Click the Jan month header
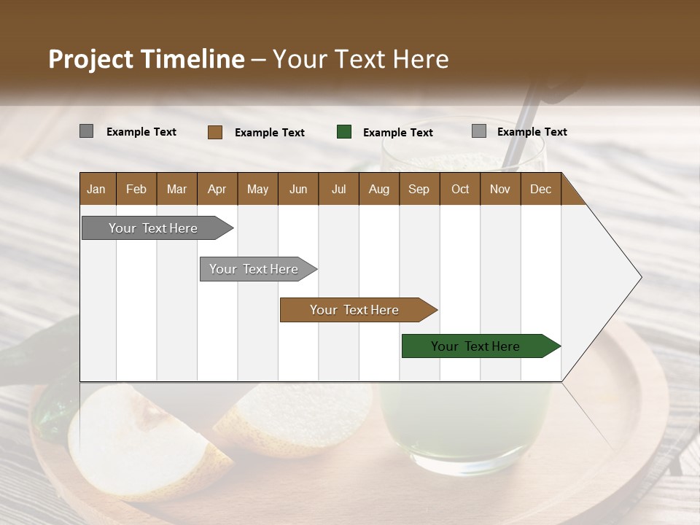click(x=96, y=190)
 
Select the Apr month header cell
click(x=217, y=190)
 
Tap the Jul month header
click(x=338, y=190)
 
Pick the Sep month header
click(x=419, y=190)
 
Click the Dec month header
click(x=540, y=190)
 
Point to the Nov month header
click(x=499, y=190)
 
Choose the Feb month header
click(x=136, y=190)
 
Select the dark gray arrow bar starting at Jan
click(x=153, y=228)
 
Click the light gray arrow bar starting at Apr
click(x=254, y=269)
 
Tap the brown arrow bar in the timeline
click(x=354, y=310)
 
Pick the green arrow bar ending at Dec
click(x=475, y=346)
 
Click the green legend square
click(x=344, y=132)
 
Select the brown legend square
click(x=214, y=132)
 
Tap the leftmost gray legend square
click(x=86, y=131)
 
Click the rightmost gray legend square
click(x=478, y=131)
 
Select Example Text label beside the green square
click(x=397, y=133)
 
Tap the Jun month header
click(x=297, y=190)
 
